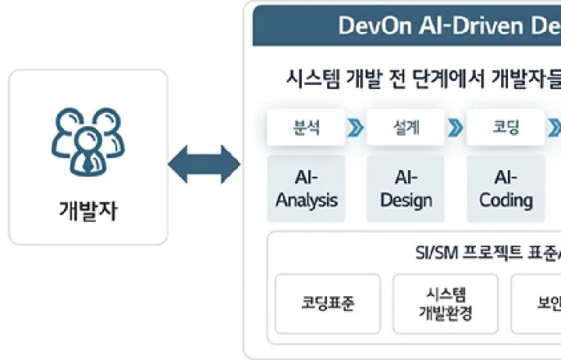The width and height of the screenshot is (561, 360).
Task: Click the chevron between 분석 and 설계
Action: point(356,128)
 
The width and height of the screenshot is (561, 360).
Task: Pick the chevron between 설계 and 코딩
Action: point(456,128)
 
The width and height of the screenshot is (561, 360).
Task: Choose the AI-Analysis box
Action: point(307,189)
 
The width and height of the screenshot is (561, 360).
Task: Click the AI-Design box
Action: point(406,189)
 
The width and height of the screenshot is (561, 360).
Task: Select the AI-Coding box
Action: point(505,189)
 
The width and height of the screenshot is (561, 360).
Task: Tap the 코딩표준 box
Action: point(327,304)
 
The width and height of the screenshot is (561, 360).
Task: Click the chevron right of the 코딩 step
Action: point(554,128)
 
